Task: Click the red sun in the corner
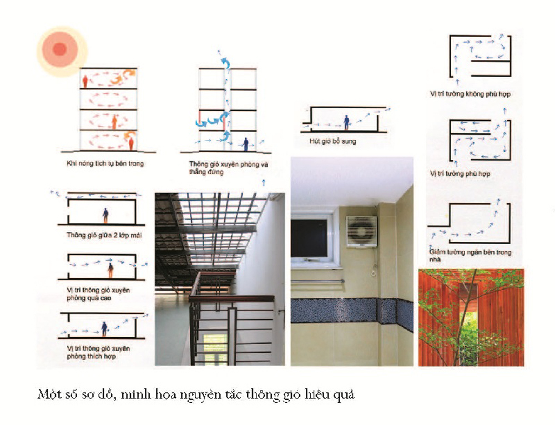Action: pos(60,49)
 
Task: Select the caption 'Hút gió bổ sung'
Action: pos(332,141)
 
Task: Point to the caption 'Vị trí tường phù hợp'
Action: pos(460,174)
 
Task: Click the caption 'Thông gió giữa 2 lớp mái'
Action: pos(104,236)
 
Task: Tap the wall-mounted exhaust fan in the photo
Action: pos(361,230)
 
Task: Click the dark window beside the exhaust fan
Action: pos(309,237)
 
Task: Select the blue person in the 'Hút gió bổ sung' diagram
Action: pos(346,122)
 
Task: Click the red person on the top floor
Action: pos(85,81)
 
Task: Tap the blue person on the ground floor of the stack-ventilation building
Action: pos(245,144)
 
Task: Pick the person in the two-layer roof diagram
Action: pos(105,215)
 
